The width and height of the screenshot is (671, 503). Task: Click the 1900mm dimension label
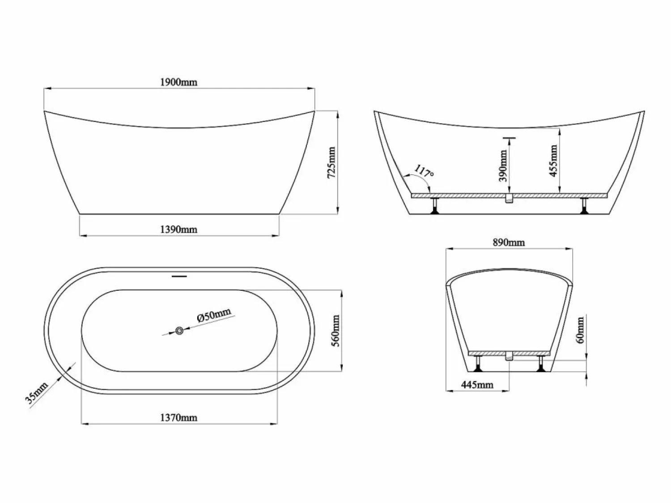(179, 82)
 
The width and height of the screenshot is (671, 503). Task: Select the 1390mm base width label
(179, 229)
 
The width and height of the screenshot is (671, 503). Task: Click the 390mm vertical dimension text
(503, 165)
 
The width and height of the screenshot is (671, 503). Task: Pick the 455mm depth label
(554, 161)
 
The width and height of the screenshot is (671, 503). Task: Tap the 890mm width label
(509, 243)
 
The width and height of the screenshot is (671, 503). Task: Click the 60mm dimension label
(580, 330)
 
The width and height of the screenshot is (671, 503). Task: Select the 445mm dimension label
(477, 385)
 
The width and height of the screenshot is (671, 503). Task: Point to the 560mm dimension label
(335, 331)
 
